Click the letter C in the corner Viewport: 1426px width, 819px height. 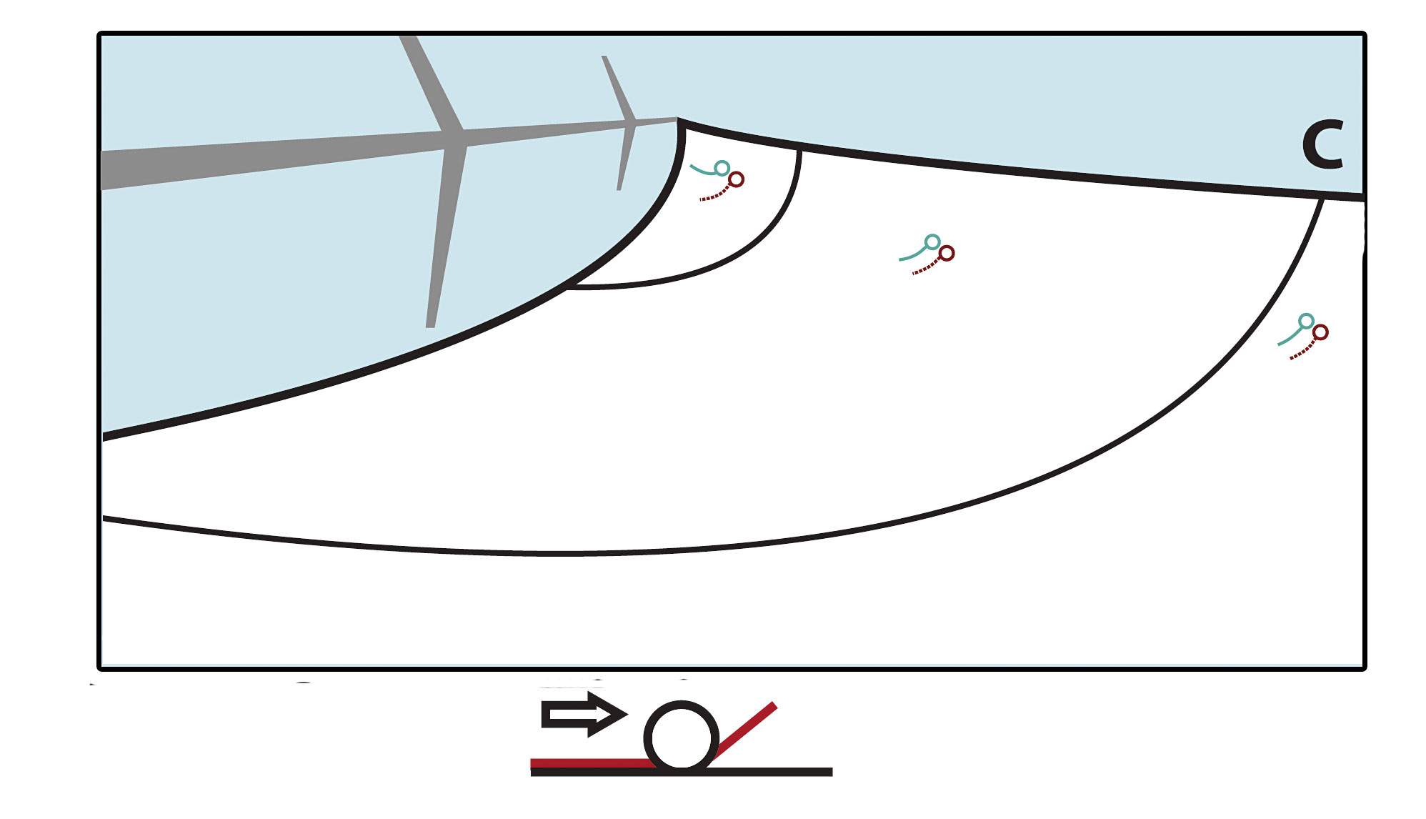(1322, 145)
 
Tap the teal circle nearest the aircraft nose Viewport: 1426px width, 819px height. (722, 168)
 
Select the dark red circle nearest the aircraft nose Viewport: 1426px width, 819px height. (736, 179)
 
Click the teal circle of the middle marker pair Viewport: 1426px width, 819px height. (932, 242)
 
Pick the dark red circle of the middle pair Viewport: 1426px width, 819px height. (947, 253)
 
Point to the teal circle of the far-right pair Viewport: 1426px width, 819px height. (1306, 321)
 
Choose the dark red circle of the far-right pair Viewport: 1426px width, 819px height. (1320, 332)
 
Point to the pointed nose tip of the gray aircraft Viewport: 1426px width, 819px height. (676, 119)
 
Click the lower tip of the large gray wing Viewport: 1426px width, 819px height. (430, 326)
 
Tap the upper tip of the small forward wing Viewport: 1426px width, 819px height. (604, 57)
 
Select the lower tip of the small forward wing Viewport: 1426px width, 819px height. (619, 189)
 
